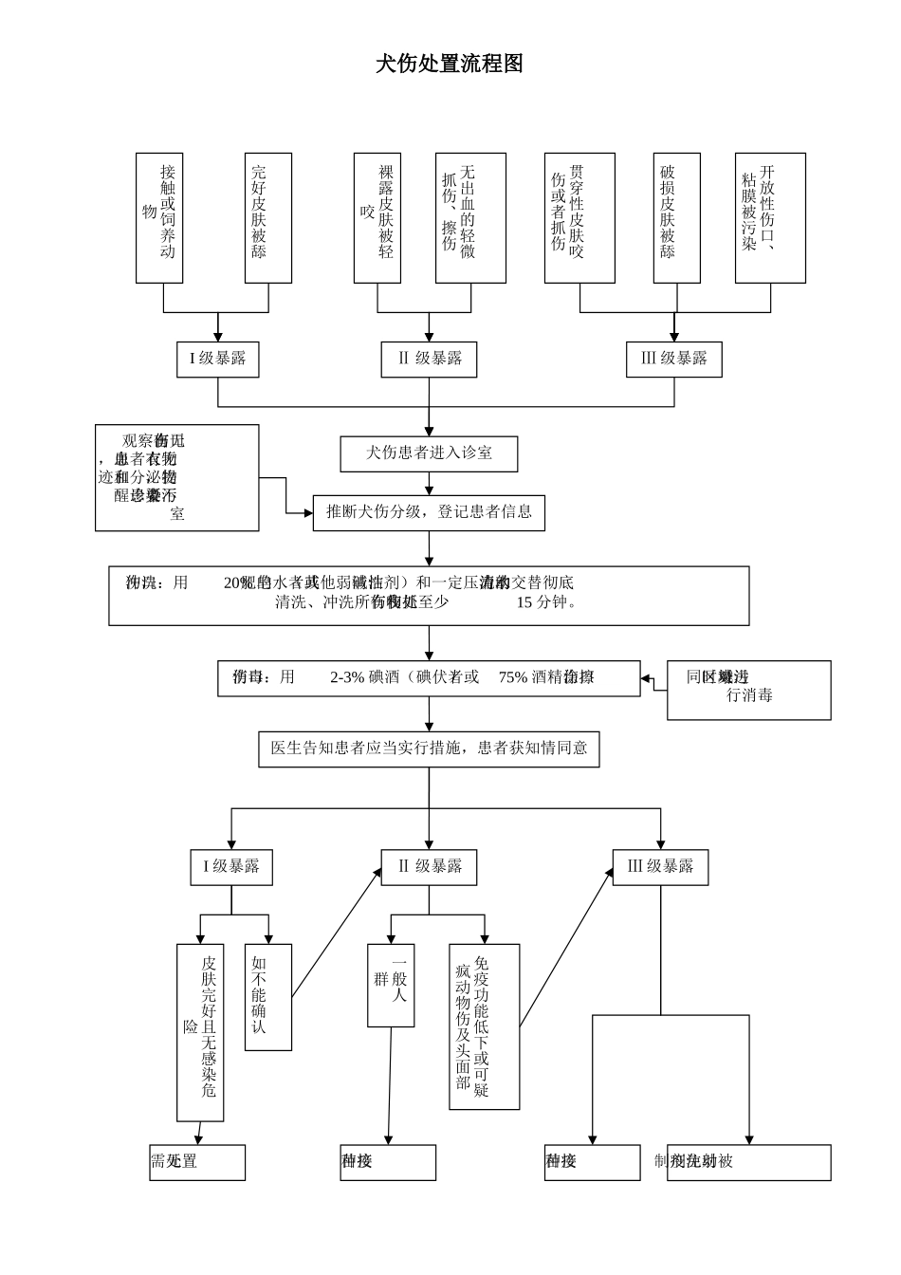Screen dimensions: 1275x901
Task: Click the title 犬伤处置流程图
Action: point(450,65)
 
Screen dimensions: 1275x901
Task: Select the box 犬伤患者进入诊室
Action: point(429,453)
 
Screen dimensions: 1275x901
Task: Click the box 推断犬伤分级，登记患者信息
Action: point(429,512)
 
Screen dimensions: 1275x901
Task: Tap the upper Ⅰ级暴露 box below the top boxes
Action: point(217,359)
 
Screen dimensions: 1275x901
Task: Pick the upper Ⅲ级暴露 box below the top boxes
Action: point(674,359)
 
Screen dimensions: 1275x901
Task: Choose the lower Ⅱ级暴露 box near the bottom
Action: point(429,866)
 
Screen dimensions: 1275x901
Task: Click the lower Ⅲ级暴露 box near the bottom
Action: point(660,866)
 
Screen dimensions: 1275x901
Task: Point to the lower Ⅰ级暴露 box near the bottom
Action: point(231,866)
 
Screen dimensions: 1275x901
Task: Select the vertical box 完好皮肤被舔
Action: point(267,217)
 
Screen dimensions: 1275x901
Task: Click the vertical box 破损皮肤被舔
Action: point(676,217)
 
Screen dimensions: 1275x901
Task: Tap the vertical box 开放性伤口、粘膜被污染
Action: point(770,217)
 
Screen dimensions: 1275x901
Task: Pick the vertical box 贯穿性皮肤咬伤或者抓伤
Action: point(579,217)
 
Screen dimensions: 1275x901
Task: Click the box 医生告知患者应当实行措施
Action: point(429,748)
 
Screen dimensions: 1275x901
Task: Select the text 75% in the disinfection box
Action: point(513,677)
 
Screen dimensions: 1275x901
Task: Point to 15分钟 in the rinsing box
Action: point(545,602)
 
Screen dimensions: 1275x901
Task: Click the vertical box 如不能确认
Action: point(267,996)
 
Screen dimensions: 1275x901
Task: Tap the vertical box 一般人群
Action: point(391,985)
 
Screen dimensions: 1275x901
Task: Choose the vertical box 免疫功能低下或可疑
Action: point(484,1026)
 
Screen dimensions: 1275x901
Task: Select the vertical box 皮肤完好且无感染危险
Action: point(200,1032)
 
